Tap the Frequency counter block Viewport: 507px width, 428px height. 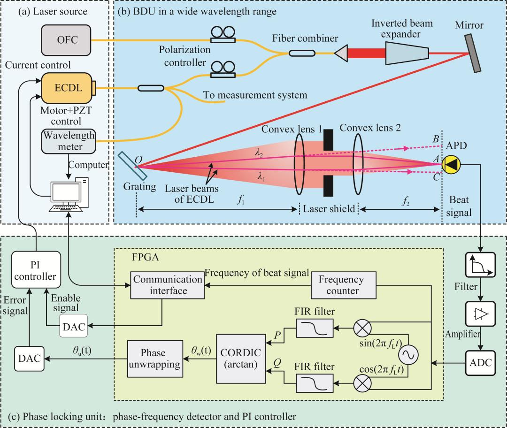341,285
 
